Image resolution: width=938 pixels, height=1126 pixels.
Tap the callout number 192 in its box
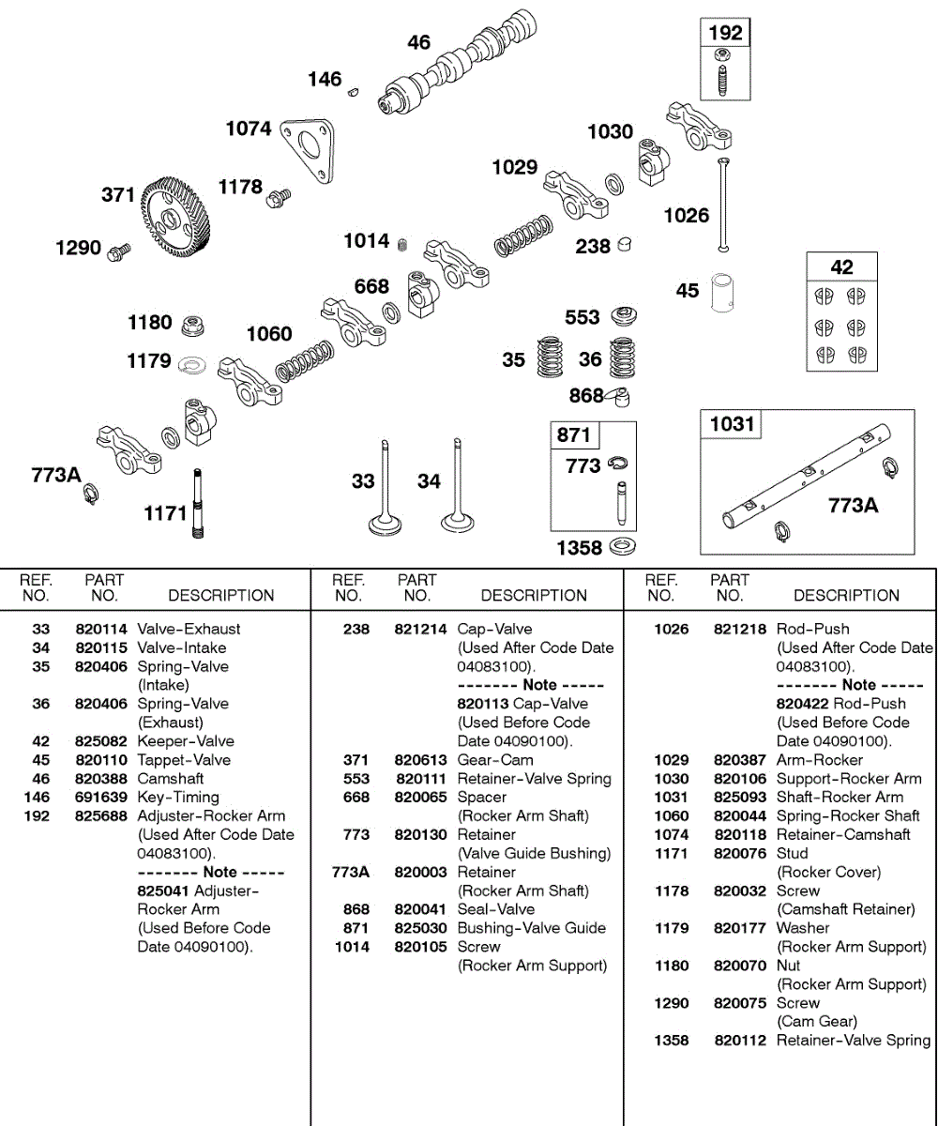coord(725,33)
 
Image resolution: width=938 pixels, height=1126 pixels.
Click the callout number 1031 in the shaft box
coord(732,423)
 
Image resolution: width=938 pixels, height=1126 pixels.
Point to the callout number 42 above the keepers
coord(841,266)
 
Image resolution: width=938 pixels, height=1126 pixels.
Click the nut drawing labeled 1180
coord(193,327)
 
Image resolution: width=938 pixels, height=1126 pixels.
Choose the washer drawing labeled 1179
coord(191,362)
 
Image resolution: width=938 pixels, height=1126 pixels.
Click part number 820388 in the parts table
coord(101,779)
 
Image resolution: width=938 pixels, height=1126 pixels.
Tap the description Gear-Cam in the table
coord(494,760)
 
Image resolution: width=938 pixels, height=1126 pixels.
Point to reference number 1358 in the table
coord(671,1041)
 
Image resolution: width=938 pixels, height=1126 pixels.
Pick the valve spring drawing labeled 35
coord(552,358)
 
